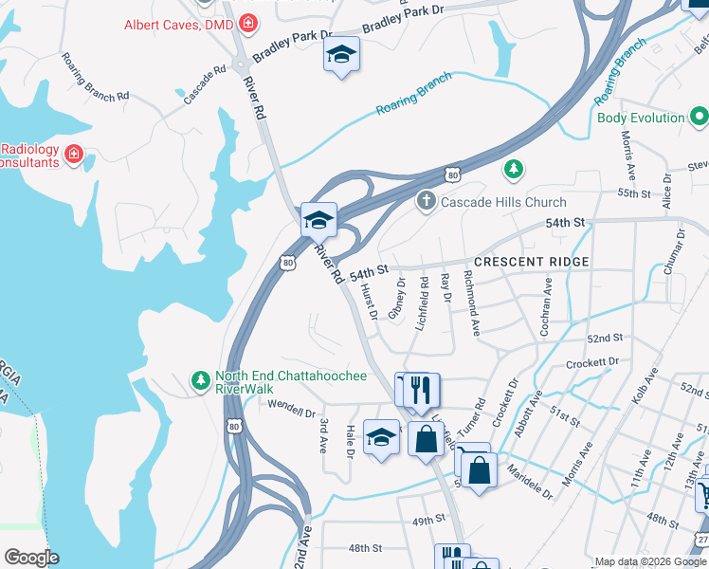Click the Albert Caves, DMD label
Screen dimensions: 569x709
click(180, 23)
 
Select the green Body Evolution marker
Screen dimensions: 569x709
click(700, 118)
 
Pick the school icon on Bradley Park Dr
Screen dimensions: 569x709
click(341, 55)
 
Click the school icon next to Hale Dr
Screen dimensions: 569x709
click(381, 437)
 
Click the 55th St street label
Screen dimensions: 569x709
click(631, 193)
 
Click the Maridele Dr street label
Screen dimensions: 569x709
click(530, 481)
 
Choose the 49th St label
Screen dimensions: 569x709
click(428, 520)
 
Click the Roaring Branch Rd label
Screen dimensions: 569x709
click(95, 78)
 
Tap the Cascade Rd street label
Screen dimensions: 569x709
click(205, 83)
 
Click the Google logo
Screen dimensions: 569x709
click(31, 558)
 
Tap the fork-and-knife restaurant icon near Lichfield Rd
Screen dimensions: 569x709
click(421, 389)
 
